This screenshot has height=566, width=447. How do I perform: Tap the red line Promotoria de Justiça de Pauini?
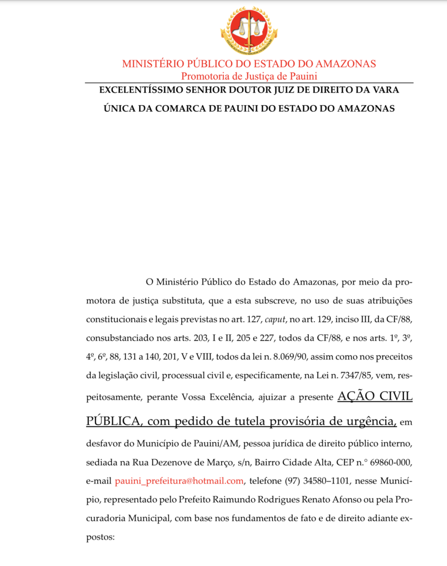point(249,76)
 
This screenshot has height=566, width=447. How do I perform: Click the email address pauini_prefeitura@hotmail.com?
point(180,481)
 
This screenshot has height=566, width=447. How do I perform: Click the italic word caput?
point(277,320)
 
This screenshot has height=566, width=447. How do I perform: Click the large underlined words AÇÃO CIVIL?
point(375,397)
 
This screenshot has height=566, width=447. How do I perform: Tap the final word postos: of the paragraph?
point(100,537)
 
